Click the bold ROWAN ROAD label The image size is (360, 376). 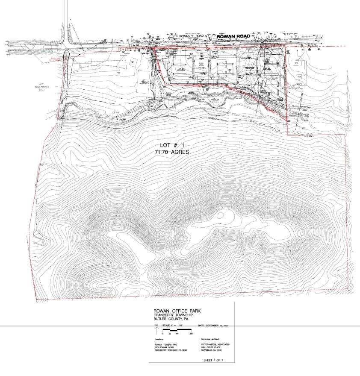coord(233,37)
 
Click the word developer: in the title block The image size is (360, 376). coord(159,338)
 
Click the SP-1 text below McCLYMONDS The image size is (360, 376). coord(42,91)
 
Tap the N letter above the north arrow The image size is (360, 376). coord(157,326)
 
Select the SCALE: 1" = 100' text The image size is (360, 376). coord(175,326)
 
